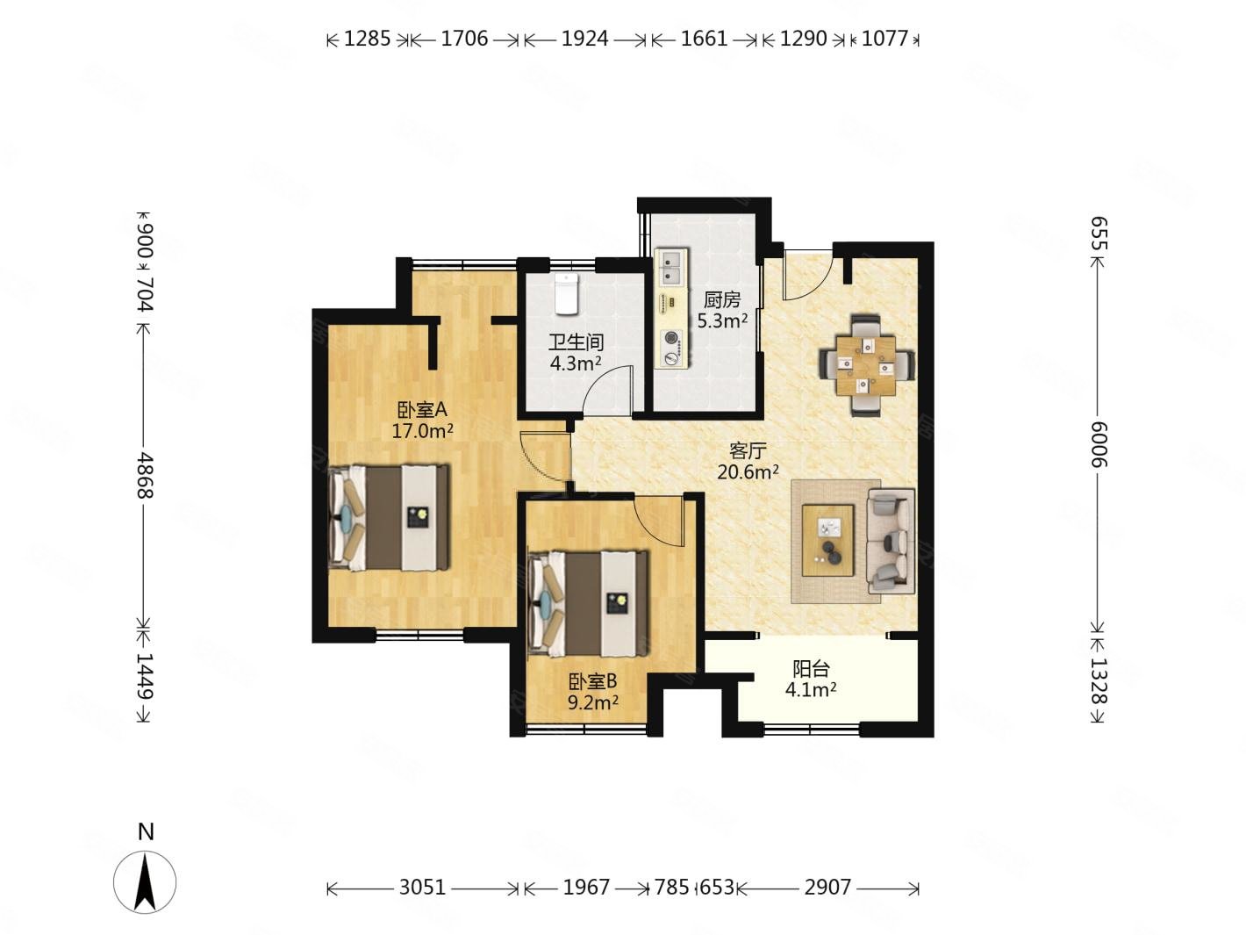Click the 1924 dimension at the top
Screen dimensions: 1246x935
point(584,39)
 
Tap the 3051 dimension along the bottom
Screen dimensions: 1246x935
point(422,886)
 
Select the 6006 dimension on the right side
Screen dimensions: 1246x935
point(1099,444)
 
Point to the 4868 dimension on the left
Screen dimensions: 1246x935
point(146,475)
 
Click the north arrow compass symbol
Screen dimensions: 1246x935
point(145,881)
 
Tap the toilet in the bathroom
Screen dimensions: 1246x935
point(565,293)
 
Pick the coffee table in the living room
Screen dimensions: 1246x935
point(827,540)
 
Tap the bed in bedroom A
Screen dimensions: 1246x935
point(388,517)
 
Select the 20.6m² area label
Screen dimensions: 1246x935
point(747,471)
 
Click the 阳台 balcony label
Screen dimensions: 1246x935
point(811,669)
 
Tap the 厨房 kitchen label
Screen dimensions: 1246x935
point(722,299)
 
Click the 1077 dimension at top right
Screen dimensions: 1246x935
point(884,39)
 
